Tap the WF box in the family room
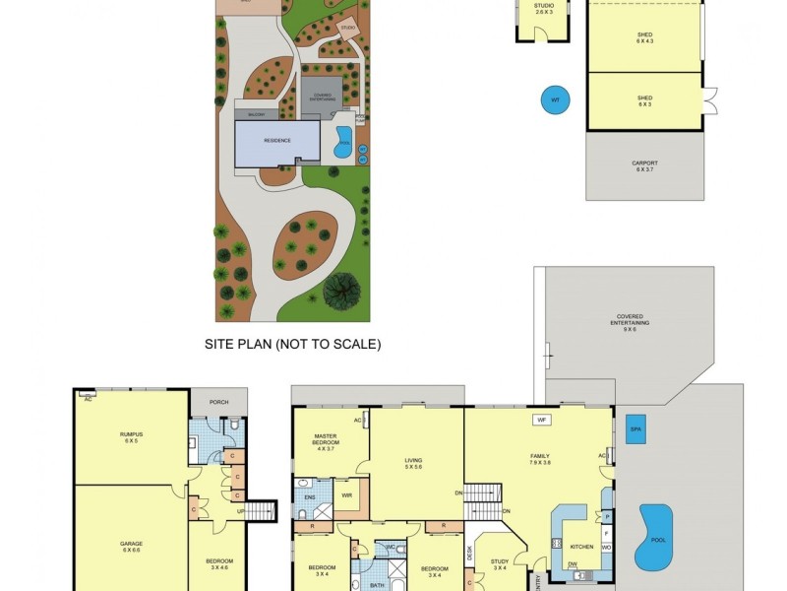[x=540, y=420]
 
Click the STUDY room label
[x=499, y=564]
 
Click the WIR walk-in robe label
[x=346, y=494]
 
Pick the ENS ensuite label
[x=309, y=498]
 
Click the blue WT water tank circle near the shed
[x=555, y=99]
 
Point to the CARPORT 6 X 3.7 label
[x=644, y=165]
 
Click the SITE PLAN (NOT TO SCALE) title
[x=292, y=345]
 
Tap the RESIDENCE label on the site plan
[x=277, y=141]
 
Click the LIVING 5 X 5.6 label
[x=413, y=462]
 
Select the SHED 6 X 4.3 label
[x=644, y=36]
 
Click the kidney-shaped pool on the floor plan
[x=650, y=536]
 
